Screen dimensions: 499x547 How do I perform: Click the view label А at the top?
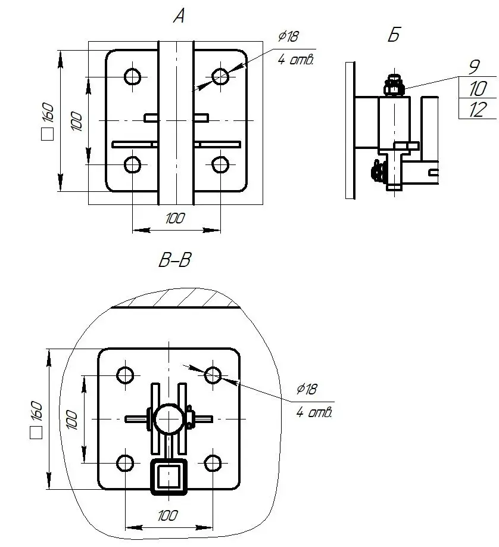[x=179, y=16]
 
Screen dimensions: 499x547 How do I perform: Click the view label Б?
[x=394, y=35]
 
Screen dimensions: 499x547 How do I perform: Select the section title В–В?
[x=174, y=260]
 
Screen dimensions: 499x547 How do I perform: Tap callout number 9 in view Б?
[x=474, y=67]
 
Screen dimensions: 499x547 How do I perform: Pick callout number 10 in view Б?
[x=478, y=88]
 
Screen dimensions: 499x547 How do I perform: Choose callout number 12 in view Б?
[x=478, y=110]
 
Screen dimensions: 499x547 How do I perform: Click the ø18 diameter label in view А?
[x=288, y=36]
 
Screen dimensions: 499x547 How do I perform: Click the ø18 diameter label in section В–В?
[x=307, y=389]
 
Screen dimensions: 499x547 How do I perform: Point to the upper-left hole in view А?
[x=133, y=76]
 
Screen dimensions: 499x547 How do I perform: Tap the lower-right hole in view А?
[x=220, y=164]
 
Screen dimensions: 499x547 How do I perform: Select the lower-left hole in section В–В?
[x=125, y=463]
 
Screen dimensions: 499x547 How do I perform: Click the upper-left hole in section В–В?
[x=125, y=375]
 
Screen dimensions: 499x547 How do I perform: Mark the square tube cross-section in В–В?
[x=169, y=477]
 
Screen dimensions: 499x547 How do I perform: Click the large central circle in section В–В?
[x=169, y=419]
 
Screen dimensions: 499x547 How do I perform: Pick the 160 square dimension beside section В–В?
[x=36, y=420]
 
